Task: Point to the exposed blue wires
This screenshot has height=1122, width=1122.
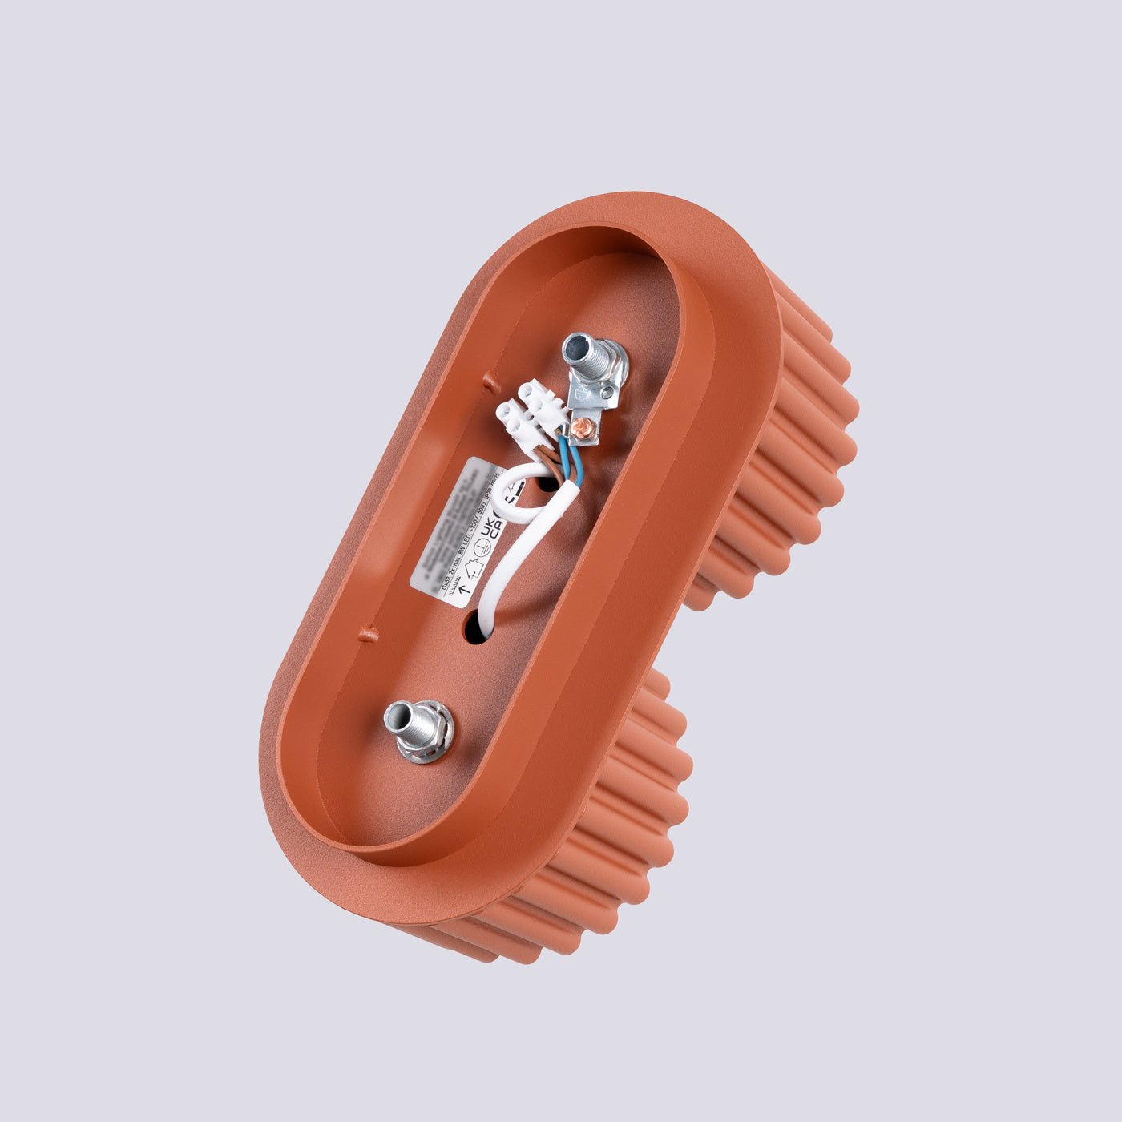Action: tap(571, 457)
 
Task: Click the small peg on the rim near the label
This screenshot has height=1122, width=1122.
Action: tap(368, 636)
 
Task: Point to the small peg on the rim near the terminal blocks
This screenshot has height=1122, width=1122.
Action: tap(489, 380)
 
